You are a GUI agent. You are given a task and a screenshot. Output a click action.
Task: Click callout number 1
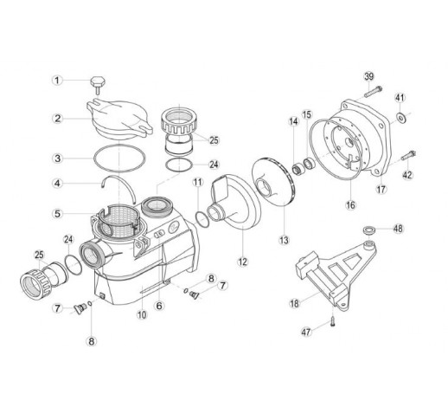click(x=57, y=80)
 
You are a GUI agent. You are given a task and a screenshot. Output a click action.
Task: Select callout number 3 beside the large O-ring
click(x=58, y=158)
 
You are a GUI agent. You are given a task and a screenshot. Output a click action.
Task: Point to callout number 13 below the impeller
click(x=284, y=240)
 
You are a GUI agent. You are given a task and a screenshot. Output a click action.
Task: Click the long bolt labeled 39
click(x=373, y=91)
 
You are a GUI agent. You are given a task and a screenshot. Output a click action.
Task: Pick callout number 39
click(x=369, y=76)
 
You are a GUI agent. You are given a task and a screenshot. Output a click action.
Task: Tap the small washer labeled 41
click(x=400, y=117)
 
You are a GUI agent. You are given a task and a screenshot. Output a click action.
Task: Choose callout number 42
click(x=407, y=175)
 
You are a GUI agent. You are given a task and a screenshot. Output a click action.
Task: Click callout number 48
click(x=398, y=229)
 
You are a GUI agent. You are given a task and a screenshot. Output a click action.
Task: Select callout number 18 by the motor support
click(x=295, y=303)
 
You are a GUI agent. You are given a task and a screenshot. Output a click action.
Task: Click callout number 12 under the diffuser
click(x=242, y=262)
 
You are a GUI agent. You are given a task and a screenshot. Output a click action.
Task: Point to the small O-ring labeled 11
click(x=201, y=219)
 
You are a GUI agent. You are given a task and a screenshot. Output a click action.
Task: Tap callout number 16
click(x=350, y=205)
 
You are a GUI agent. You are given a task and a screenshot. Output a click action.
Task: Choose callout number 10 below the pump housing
click(x=142, y=314)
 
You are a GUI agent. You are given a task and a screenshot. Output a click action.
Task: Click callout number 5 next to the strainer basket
click(x=58, y=214)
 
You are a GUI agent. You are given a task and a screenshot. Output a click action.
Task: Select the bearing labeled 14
click(x=297, y=169)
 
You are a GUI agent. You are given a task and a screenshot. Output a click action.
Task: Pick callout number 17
click(x=381, y=190)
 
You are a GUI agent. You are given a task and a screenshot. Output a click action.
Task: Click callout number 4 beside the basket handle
click(x=58, y=183)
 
